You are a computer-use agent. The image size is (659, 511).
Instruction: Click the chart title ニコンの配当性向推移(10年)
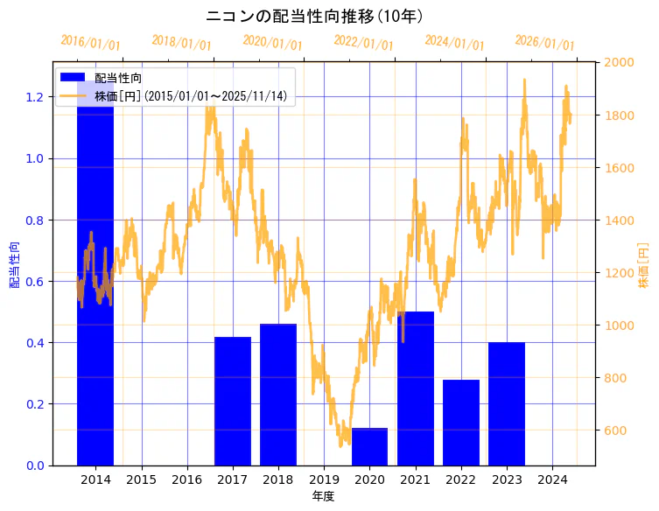[315, 17]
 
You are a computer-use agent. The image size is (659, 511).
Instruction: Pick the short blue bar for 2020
[369, 446]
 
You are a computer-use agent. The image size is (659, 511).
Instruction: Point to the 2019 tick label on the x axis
[324, 479]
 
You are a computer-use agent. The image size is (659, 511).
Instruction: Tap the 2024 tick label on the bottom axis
[552, 479]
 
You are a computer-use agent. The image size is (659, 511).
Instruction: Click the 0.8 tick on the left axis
[34, 220]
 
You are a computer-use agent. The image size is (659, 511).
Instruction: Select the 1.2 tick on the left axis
[34, 97]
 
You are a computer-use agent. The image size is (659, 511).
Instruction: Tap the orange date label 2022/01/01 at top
[363, 43]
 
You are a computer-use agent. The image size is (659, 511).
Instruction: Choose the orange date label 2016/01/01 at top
[90, 43]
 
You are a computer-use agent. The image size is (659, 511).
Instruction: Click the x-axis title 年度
[324, 496]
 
